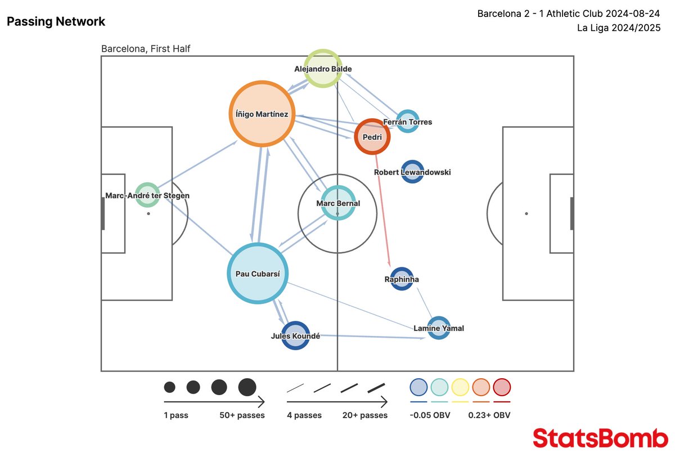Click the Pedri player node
point(372,136)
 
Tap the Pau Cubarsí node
point(258,274)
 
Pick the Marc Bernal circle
point(337,203)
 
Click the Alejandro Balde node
point(323,69)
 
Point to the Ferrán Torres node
point(407,121)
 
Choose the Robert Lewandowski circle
point(412,172)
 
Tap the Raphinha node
point(402,279)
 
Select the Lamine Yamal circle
point(439,328)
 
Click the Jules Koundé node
point(295,336)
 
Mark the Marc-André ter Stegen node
point(147,195)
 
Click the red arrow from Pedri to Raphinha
point(381,208)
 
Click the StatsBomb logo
point(600,438)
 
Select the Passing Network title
point(56,22)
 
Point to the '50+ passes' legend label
point(242,415)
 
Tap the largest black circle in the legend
point(247,387)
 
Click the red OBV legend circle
point(502,387)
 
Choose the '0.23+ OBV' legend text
point(489,415)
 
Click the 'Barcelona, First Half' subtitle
point(146,49)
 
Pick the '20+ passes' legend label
point(365,415)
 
